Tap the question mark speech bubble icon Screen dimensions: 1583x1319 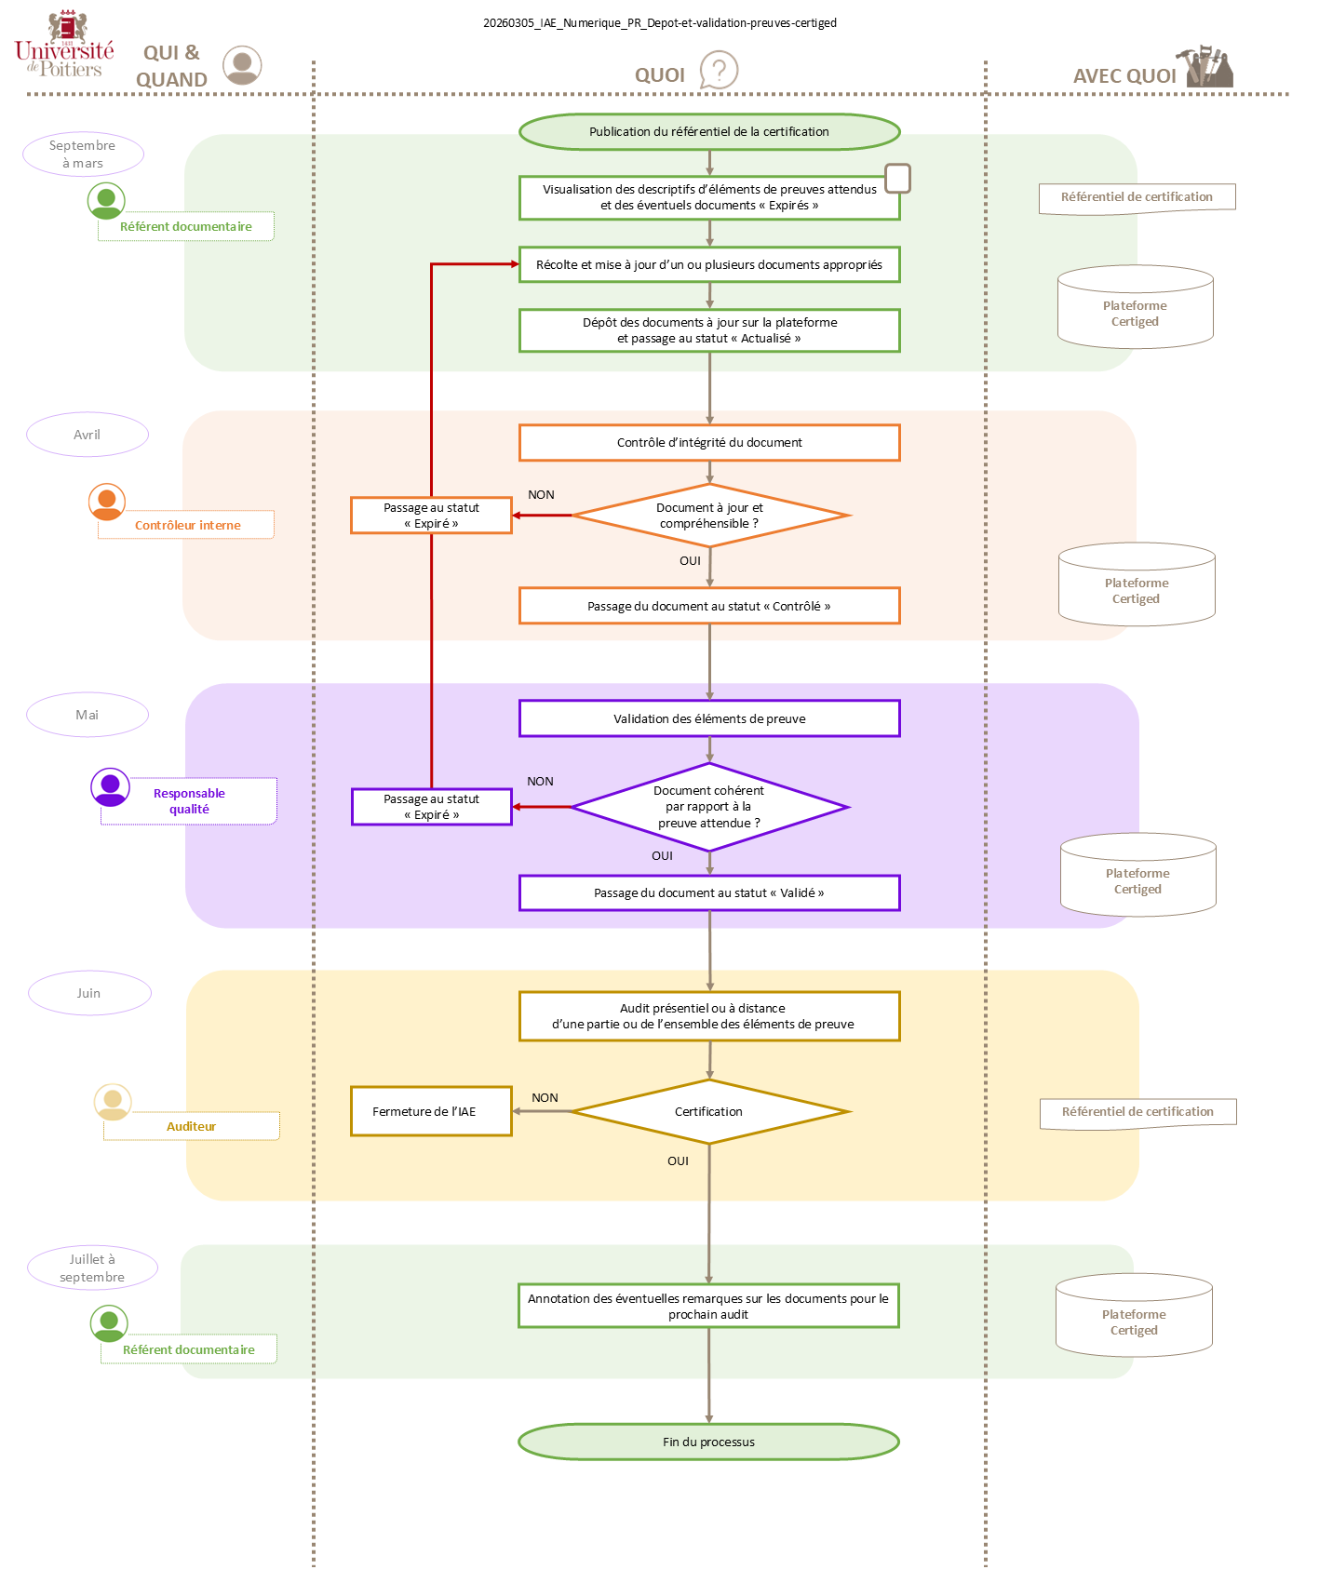coord(718,71)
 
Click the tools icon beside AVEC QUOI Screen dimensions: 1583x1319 coord(1208,67)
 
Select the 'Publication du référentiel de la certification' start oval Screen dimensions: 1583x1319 coord(709,132)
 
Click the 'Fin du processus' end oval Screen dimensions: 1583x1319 coord(708,1442)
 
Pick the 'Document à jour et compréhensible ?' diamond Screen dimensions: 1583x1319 coord(709,516)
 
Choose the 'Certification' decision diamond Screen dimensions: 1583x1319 coord(709,1112)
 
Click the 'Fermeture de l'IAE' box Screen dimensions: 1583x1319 coord(431,1111)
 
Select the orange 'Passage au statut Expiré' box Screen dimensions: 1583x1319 coord(431,516)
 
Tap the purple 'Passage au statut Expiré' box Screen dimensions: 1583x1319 coord(431,807)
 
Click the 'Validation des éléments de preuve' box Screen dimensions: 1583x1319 coord(709,718)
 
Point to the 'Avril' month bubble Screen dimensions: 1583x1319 coord(87,435)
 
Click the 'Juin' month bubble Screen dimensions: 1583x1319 coord(89,993)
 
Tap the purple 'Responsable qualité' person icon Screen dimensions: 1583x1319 coord(110,786)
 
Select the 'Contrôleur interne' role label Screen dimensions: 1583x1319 coord(187,525)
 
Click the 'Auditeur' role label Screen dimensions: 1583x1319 coord(191,1126)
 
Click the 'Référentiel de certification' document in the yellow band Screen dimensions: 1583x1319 coord(1137,1112)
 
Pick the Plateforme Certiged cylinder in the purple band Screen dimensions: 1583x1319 coord(1137,876)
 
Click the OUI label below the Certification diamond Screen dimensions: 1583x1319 coord(678,1161)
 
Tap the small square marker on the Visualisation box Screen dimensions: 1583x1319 coord(897,178)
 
